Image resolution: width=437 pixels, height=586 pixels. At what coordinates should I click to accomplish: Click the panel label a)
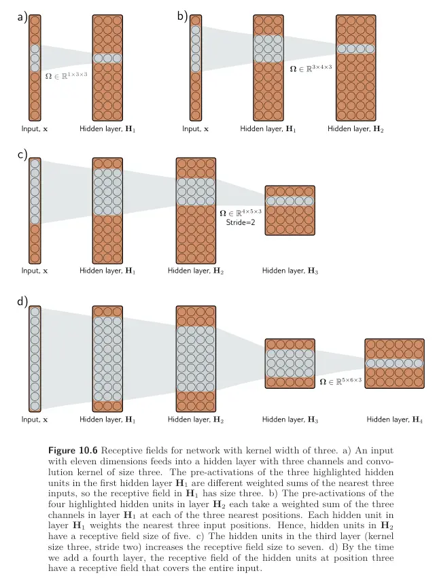(x=22, y=18)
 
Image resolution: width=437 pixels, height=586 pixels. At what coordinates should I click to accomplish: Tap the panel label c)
(x=22, y=156)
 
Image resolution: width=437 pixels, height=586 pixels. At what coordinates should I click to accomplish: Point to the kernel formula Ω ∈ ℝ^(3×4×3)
(x=311, y=67)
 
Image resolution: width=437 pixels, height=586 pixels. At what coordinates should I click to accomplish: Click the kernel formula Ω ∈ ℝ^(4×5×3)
(x=241, y=213)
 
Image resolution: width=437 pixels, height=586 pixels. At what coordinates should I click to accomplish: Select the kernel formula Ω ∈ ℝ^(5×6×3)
(x=343, y=382)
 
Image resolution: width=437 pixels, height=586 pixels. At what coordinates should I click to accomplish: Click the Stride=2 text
(x=241, y=222)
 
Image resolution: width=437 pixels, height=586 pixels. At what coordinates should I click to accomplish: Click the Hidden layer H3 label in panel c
(x=290, y=271)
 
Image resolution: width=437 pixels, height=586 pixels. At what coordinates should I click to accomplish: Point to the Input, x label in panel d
(x=35, y=420)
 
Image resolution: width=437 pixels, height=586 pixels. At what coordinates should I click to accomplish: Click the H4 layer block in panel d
(x=394, y=363)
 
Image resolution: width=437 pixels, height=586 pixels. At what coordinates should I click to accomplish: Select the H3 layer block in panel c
(x=290, y=210)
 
